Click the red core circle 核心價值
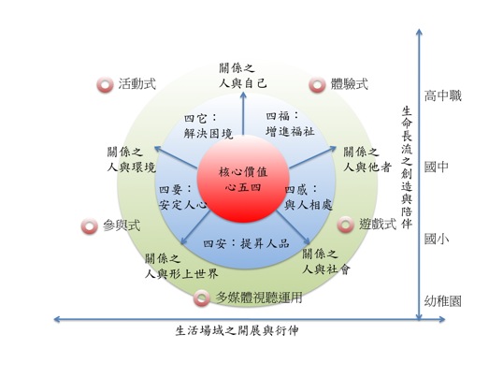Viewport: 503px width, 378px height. point(243,180)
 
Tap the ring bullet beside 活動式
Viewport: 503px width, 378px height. point(105,85)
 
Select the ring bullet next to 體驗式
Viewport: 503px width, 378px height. point(317,85)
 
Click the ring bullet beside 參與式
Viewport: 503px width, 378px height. point(89,226)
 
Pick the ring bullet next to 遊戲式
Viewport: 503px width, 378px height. point(346,225)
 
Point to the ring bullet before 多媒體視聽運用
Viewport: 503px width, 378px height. point(202,298)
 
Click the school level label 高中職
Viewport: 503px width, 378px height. point(442,95)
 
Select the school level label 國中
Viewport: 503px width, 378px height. point(437,167)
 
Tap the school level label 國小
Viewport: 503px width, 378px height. point(437,239)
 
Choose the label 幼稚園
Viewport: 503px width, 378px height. point(442,301)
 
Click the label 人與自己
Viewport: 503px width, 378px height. point(242,84)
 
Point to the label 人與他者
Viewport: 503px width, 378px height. point(367,167)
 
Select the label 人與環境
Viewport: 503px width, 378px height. point(131,167)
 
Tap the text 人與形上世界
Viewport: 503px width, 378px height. point(181,273)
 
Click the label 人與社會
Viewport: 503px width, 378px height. point(326,269)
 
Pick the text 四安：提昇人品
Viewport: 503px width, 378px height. point(247,243)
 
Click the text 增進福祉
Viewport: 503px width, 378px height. point(290,131)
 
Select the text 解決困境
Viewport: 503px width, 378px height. point(208,134)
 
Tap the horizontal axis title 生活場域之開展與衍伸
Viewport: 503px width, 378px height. point(237,330)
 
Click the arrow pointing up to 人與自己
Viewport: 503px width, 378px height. point(243,113)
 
